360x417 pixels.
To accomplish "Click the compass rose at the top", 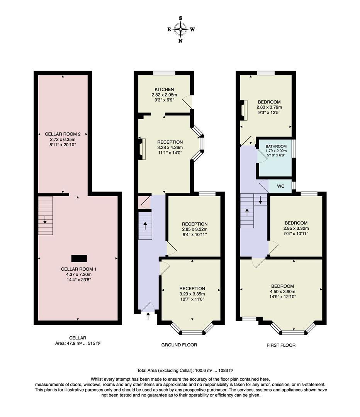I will click(x=180, y=29).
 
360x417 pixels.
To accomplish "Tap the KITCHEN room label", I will click(x=165, y=90).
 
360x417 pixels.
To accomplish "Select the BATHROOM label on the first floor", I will click(x=276, y=146).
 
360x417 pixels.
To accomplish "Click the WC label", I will click(x=281, y=186).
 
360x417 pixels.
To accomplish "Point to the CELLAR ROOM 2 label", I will click(x=63, y=134).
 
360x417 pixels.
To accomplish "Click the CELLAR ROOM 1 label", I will click(x=77, y=269).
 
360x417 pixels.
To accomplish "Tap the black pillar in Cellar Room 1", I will click(x=79, y=258).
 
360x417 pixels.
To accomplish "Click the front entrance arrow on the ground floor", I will click(x=148, y=317).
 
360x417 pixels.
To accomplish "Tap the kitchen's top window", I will click(x=164, y=73).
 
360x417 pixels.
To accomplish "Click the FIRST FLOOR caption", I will click(x=281, y=345).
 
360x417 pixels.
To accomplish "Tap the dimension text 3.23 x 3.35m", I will click(x=192, y=294).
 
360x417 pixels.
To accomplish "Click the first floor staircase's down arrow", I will click(x=260, y=200).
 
